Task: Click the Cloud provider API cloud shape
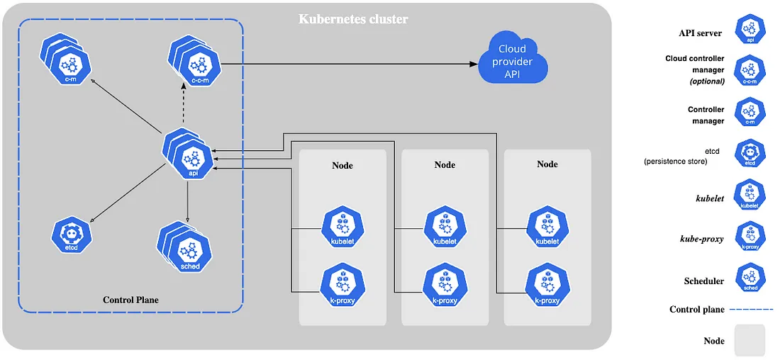click(x=513, y=58)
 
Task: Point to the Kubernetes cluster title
click(x=353, y=19)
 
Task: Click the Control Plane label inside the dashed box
click(x=131, y=300)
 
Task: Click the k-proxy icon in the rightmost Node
click(x=547, y=288)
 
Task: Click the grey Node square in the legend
click(x=750, y=340)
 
